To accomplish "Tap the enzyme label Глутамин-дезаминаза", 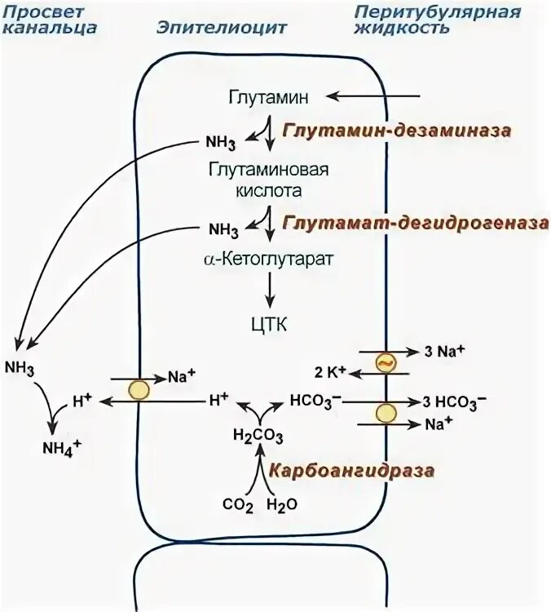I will pyautogui.click(x=398, y=131).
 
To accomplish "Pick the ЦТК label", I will pyautogui.click(x=268, y=325).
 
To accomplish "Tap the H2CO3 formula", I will pyautogui.click(x=258, y=434).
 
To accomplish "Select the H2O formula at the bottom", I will pyautogui.click(x=283, y=504).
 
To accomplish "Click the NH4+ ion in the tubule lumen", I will pyautogui.click(x=60, y=447).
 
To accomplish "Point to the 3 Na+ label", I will pyautogui.click(x=445, y=352).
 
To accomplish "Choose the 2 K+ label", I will pyautogui.click(x=331, y=372).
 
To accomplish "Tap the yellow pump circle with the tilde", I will pyautogui.click(x=385, y=362).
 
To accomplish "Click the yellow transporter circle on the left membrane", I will pyautogui.click(x=140, y=390).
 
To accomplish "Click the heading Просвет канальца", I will pyautogui.click(x=51, y=20).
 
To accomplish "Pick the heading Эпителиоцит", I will pyautogui.click(x=222, y=27).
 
